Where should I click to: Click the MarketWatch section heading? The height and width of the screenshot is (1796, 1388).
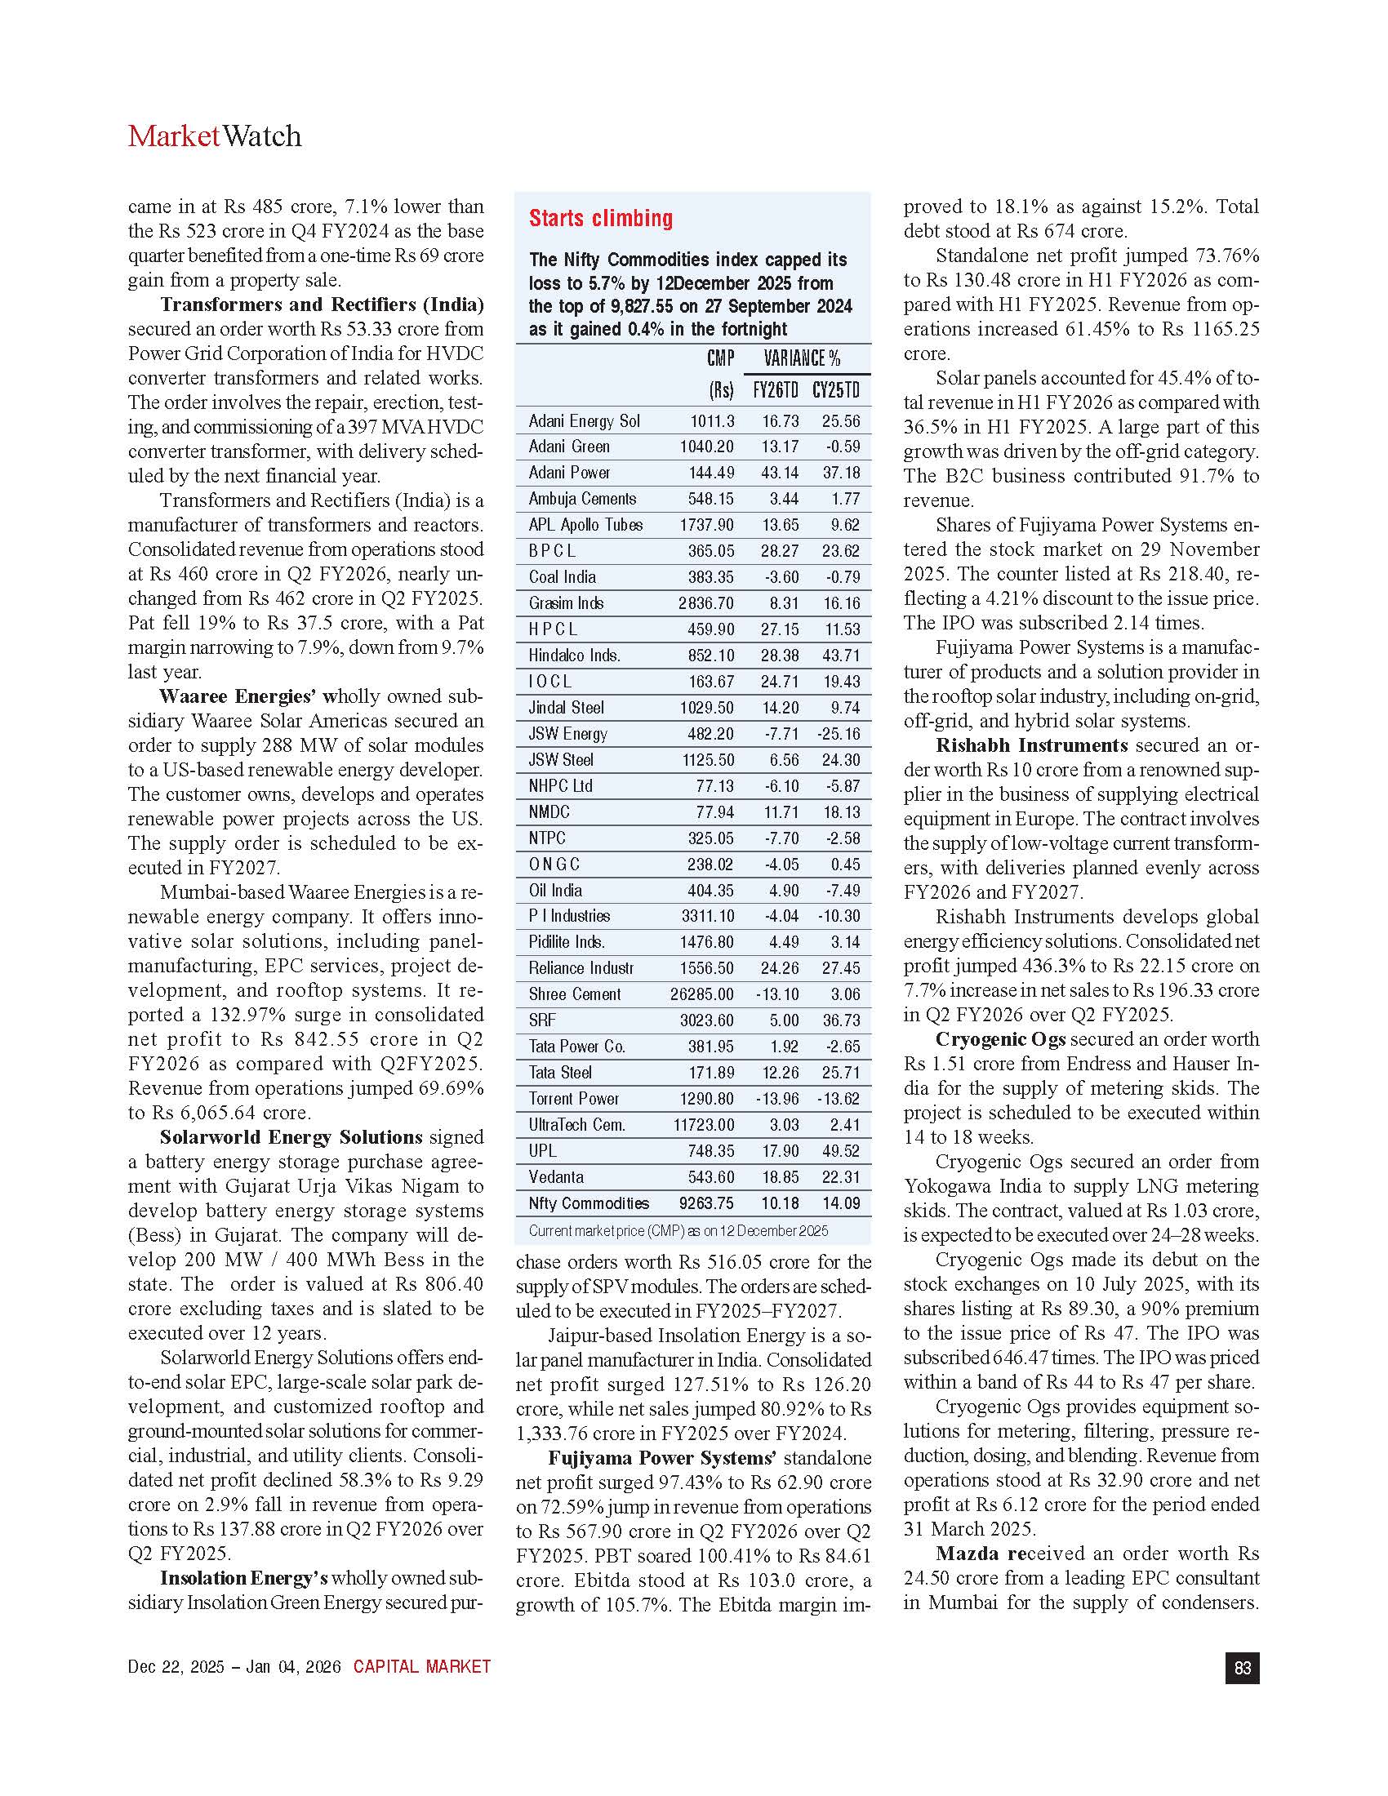click(x=215, y=136)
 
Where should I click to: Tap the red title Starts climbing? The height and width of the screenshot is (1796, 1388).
click(x=600, y=218)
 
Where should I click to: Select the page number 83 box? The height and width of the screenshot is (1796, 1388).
click(x=1242, y=1668)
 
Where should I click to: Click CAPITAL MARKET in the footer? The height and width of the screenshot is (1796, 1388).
click(x=422, y=1667)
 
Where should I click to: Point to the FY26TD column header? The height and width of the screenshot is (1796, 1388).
click(x=776, y=389)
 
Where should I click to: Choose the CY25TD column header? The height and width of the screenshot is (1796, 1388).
click(x=835, y=389)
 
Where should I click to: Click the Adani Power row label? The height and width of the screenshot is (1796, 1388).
click(x=569, y=473)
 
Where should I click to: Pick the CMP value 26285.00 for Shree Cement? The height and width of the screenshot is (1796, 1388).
click(x=701, y=994)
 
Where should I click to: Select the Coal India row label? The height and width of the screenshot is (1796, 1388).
click(x=562, y=577)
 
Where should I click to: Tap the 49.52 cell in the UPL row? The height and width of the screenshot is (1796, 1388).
click(x=840, y=1151)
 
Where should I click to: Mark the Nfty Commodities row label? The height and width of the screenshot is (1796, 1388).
click(x=588, y=1204)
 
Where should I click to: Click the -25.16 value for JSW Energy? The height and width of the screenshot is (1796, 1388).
click(x=838, y=734)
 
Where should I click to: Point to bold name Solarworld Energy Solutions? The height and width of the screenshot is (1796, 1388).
click(x=291, y=1137)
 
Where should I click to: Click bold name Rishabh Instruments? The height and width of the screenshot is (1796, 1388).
click(x=1031, y=746)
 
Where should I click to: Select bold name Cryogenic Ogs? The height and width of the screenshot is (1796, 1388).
click(x=1000, y=1039)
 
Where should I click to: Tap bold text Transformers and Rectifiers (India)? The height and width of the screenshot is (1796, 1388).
click(x=322, y=305)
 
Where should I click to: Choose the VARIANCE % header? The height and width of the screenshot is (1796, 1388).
click(x=802, y=358)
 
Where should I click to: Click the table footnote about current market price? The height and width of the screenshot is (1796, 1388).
click(x=678, y=1231)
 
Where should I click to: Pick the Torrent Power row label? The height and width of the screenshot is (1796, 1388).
click(x=573, y=1100)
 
